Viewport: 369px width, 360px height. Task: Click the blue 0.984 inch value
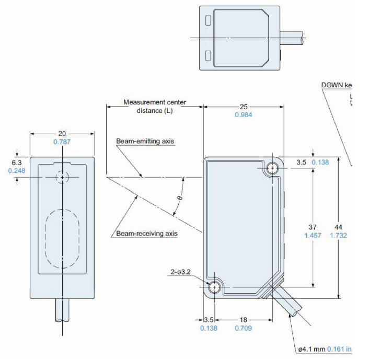(x=244, y=114)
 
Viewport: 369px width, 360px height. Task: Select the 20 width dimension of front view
(x=62, y=133)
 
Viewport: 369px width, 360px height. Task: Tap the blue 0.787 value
(x=62, y=142)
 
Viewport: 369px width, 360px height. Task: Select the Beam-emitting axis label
(x=145, y=142)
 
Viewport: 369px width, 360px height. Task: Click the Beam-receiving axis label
(x=147, y=234)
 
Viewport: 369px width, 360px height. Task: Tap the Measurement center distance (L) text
(x=154, y=106)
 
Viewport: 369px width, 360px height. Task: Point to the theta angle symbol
(x=179, y=198)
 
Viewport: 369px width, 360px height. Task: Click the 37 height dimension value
(x=313, y=227)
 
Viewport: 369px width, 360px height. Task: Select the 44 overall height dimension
(x=338, y=227)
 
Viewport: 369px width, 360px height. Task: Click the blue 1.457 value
(x=313, y=235)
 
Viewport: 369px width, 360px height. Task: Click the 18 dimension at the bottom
(x=243, y=320)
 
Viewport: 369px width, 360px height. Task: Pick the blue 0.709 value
(x=243, y=328)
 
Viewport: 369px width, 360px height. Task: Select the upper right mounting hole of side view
(x=272, y=168)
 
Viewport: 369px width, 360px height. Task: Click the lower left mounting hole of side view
(x=214, y=287)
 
